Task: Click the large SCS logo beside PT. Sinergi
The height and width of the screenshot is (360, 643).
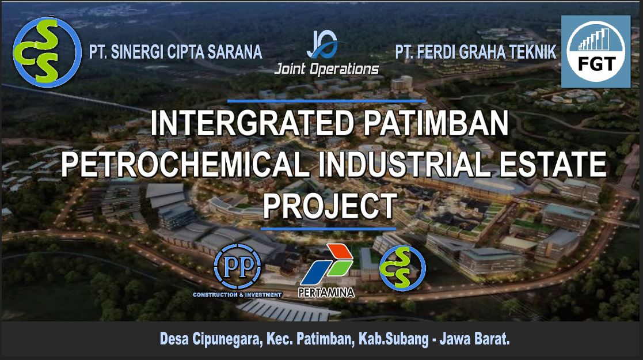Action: (x=47, y=52)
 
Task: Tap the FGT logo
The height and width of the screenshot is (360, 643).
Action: (x=595, y=52)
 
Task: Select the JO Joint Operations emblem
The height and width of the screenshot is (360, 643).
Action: (x=326, y=54)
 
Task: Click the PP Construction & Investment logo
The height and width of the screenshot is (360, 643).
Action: (x=237, y=270)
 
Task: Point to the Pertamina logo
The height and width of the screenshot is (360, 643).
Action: (x=327, y=271)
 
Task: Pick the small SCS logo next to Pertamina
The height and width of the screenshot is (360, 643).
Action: (x=402, y=268)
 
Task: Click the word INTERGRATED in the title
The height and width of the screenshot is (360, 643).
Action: (x=252, y=123)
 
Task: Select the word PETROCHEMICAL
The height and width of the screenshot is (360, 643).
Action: (x=185, y=164)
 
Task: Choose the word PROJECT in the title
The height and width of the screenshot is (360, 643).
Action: (x=330, y=206)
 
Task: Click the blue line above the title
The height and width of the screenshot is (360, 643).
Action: (x=327, y=101)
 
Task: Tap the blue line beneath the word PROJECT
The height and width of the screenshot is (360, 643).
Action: (x=328, y=229)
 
